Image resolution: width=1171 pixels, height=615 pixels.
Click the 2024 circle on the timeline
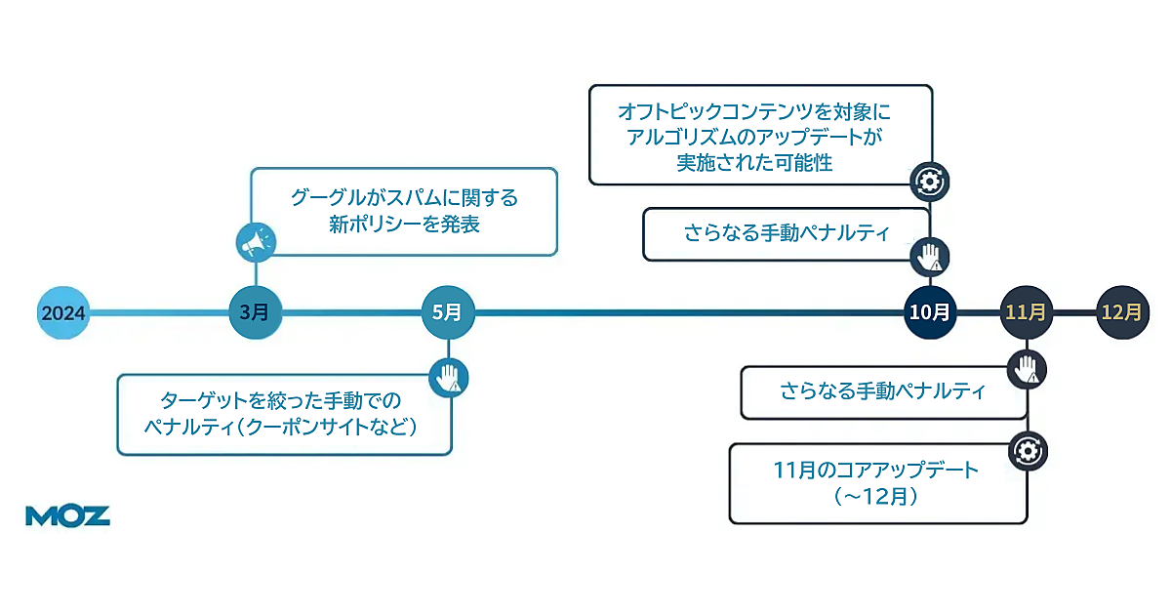pyautogui.click(x=63, y=313)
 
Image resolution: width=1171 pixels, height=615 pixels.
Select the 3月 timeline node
pyautogui.click(x=254, y=312)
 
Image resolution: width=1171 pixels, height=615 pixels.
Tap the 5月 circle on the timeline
pyautogui.click(x=448, y=312)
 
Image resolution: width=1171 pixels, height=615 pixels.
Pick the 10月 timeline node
pyautogui.click(x=929, y=312)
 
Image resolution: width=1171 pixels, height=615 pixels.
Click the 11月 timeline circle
pyautogui.click(x=1026, y=312)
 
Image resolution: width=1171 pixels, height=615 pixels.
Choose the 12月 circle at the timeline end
pyautogui.click(x=1121, y=312)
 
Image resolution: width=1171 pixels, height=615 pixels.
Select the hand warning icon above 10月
pyautogui.click(x=929, y=257)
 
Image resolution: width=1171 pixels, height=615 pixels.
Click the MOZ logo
pyautogui.click(x=67, y=516)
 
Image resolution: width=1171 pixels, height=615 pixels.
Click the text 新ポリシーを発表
pyautogui.click(x=404, y=225)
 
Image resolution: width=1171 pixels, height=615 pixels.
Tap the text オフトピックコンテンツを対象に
pyautogui.click(x=754, y=111)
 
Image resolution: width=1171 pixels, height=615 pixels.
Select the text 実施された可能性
pyautogui.click(x=754, y=163)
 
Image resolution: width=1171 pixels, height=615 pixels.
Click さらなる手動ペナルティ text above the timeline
pyautogui.click(x=787, y=234)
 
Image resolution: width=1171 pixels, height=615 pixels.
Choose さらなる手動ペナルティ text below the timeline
pyautogui.click(x=882, y=391)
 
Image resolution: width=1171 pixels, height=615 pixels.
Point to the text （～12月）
pyautogui.click(x=875, y=496)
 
